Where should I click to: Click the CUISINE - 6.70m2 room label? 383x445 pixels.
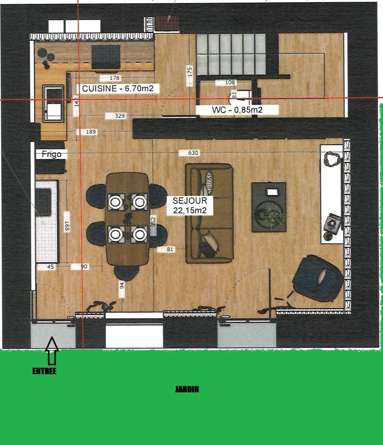[118, 88]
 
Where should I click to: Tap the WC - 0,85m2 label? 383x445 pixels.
[237, 110]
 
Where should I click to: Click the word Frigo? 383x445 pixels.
[51, 154]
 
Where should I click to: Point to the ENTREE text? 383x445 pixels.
[44, 371]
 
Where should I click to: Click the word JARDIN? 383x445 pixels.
[187, 389]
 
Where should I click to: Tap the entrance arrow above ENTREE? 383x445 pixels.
[51, 351]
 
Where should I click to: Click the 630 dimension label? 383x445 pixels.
[193, 153]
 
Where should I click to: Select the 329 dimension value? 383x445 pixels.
[119, 116]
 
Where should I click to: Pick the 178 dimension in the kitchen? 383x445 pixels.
[115, 78]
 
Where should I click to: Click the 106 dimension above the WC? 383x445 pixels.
[230, 82]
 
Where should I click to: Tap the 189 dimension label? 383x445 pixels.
[91, 132]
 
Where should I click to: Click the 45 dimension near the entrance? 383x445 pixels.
[51, 267]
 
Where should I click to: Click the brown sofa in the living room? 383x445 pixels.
[209, 213]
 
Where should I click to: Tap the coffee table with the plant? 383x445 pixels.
[269, 207]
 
